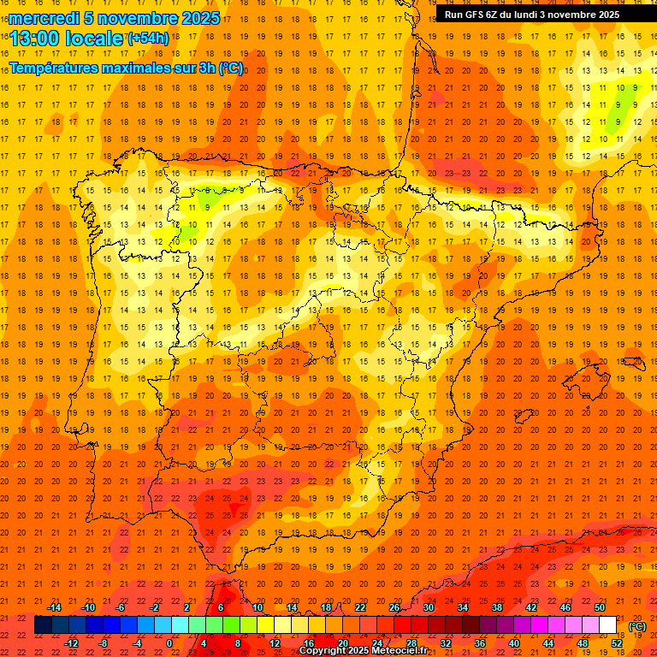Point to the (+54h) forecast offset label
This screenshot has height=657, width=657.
coord(148,38)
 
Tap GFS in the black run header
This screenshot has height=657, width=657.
coord(476,15)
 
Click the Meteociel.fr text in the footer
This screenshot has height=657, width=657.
coord(401,651)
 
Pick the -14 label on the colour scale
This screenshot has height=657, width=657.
coord(55,607)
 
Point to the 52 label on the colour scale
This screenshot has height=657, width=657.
coord(617,643)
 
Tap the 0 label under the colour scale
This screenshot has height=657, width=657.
coord(169,643)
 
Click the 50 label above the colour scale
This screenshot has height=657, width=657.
coord(600,607)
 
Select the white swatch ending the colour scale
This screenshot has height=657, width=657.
coord(607,625)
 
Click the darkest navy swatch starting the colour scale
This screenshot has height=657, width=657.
coord(43,625)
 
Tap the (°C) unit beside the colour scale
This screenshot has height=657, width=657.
coord(637,626)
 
